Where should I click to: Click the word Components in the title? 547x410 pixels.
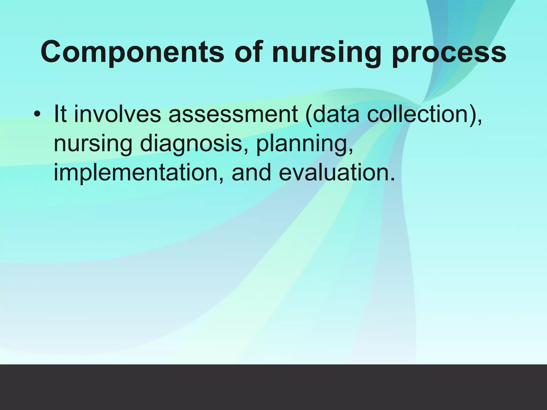click(x=132, y=52)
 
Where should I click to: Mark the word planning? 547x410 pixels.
click(x=302, y=144)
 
